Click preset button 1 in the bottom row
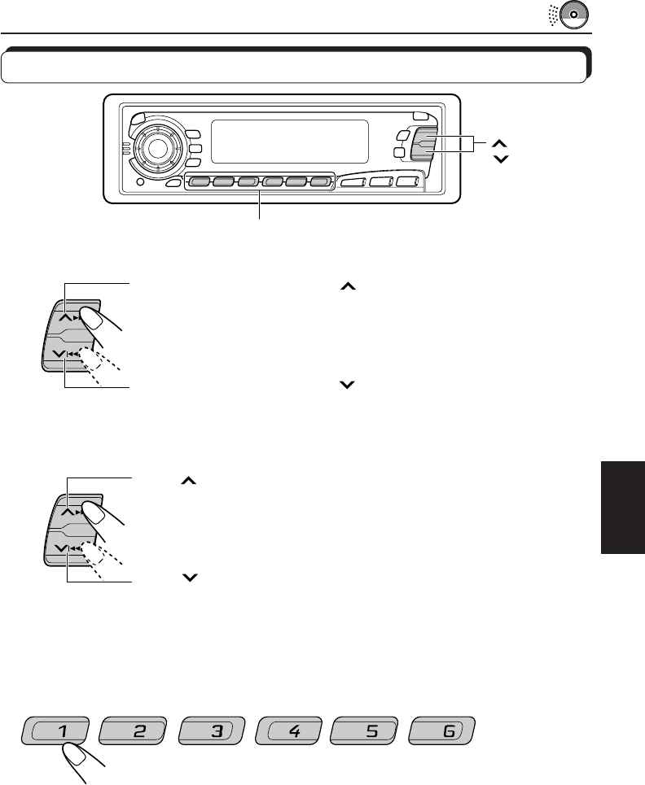[x=61, y=731]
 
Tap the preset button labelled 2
[x=138, y=731]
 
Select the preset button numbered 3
[x=216, y=731]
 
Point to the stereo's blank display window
[x=288, y=142]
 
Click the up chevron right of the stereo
[x=500, y=141]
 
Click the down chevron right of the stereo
[x=500, y=158]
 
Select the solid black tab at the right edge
[x=622, y=506]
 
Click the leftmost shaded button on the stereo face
[x=198, y=182]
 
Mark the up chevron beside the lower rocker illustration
[x=188, y=483]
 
